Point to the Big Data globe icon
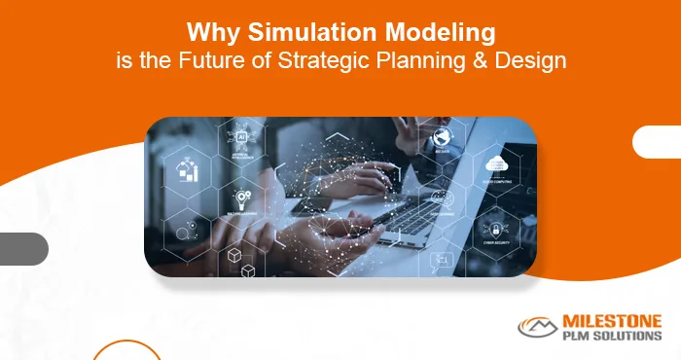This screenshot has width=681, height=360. click(x=442, y=135)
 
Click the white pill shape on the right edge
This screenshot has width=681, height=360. click(x=658, y=142)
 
